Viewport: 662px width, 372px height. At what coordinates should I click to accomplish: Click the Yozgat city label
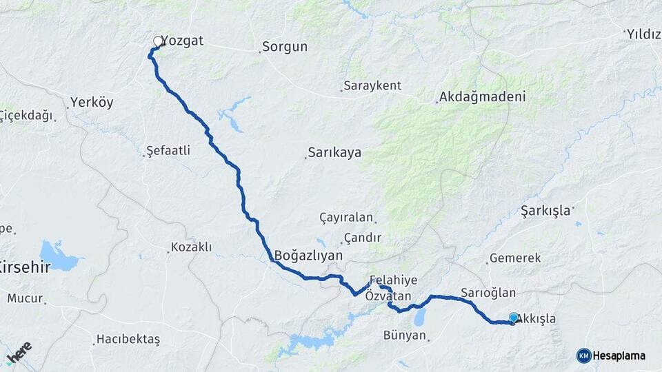pyautogui.click(x=184, y=41)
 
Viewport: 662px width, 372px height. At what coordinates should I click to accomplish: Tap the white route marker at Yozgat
pyautogui.click(x=158, y=41)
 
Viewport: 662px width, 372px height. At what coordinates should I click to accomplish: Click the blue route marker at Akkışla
pyautogui.click(x=514, y=318)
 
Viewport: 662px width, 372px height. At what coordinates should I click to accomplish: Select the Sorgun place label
pyautogui.click(x=286, y=48)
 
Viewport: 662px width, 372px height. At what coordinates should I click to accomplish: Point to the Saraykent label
pyautogui.click(x=373, y=86)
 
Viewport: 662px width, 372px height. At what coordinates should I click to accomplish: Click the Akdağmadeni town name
pyautogui.click(x=483, y=97)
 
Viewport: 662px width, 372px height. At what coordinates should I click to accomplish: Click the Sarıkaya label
pyautogui.click(x=335, y=152)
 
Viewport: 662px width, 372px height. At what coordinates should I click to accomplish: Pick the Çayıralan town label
pyautogui.click(x=346, y=218)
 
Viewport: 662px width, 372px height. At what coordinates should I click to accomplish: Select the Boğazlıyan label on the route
pyautogui.click(x=308, y=256)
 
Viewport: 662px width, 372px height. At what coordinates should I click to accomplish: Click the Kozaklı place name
pyautogui.click(x=192, y=247)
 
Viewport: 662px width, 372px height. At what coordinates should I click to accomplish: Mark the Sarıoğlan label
pyautogui.click(x=488, y=292)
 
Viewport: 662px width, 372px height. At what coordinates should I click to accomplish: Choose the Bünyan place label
pyautogui.click(x=404, y=336)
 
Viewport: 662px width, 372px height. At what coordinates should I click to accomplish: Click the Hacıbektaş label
pyautogui.click(x=128, y=339)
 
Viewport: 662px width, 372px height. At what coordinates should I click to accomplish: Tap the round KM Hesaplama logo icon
pyautogui.click(x=584, y=355)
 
